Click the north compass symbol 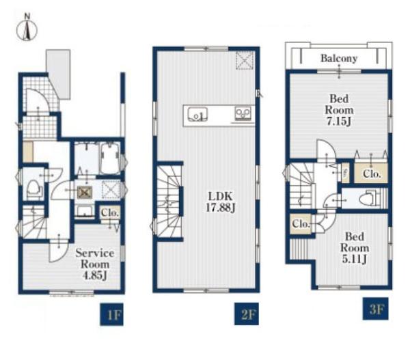(27, 28)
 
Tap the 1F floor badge (111, 314)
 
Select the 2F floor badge (247, 314)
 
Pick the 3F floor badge (375, 309)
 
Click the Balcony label (339, 58)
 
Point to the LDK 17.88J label (221, 202)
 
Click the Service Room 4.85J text (95, 264)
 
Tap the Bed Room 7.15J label (339, 110)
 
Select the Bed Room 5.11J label (355, 247)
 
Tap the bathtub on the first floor (110, 158)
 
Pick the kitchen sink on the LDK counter (197, 114)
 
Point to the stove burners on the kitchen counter (243, 114)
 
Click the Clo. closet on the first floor (110, 212)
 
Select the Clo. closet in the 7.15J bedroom (371, 173)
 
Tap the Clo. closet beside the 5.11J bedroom (301, 224)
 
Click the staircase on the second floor (169, 202)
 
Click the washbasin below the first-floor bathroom (85, 210)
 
